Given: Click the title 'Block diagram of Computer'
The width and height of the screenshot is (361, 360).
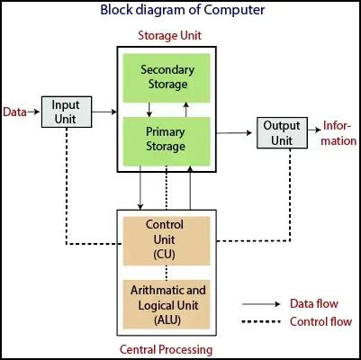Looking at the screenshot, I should [180, 11].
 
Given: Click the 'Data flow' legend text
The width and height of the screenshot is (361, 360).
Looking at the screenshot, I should [311, 304].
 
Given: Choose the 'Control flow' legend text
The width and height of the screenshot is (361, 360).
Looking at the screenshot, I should [316, 322].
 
